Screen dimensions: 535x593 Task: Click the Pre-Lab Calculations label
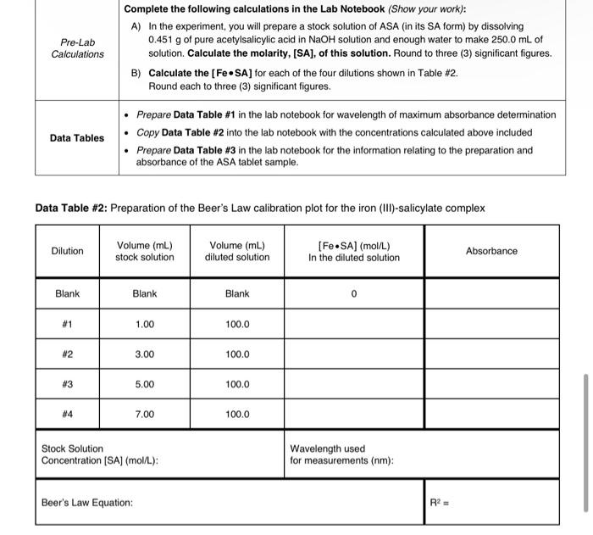tap(77, 47)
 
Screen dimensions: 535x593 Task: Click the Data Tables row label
tap(77, 138)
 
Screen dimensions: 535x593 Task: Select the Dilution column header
tap(68, 251)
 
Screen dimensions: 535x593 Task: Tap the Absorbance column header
tap(491, 251)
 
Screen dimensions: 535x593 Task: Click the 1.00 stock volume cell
tap(145, 325)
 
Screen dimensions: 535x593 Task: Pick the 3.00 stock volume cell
tap(145, 354)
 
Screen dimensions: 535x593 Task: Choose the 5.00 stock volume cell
tap(145, 384)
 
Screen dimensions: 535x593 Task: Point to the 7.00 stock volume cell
tap(145, 415)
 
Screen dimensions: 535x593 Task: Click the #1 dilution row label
tap(68, 325)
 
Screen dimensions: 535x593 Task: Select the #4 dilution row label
tap(68, 415)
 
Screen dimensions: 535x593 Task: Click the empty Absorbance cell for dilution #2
tap(491, 354)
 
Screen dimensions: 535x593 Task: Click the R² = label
tap(441, 503)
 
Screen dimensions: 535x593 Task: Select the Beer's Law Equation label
tap(87, 503)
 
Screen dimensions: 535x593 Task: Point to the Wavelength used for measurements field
tap(340, 454)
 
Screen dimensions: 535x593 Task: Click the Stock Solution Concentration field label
tap(100, 454)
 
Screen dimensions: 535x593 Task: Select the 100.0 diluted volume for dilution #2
tap(237, 354)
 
